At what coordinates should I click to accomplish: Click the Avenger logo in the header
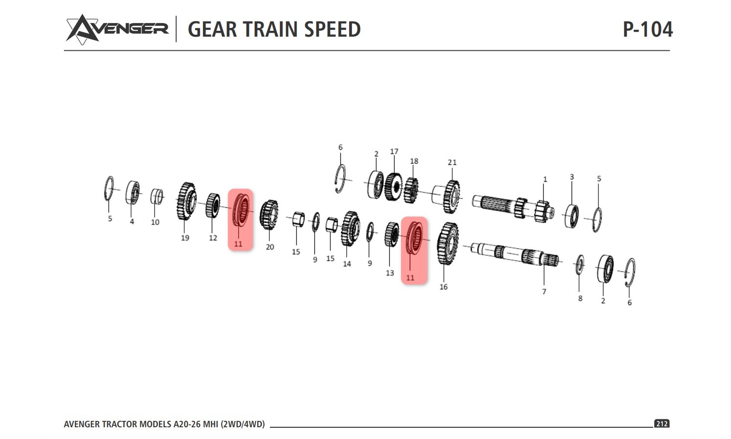(x=117, y=29)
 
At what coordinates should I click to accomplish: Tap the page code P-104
(x=647, y=29)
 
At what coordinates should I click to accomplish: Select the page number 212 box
(x=662, y=424)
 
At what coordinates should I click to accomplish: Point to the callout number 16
(x=443, y=287)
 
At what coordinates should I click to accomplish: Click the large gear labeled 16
(x=447, y=243)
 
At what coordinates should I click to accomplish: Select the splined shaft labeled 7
(x=518, y=253)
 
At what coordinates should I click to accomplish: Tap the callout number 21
(x=452, y=162)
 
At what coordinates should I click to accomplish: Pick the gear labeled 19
(x=186, y=201)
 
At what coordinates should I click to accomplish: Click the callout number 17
(x=394, y=152)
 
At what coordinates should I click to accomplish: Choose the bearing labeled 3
(x=572, y=216)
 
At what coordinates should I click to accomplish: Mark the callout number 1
(x=545, y=179)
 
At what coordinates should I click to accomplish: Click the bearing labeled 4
(x=133, y=193)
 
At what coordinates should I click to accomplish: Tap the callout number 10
(x=155, y=222)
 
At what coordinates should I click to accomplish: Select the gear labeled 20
(x=268, y=215)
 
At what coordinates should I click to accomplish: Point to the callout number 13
(x=390, y=273)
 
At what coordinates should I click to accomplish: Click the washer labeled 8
(x=580, y=264)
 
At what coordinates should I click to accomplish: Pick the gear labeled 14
(x=350, y=228)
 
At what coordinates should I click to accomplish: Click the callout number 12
(x=213, y=238)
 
